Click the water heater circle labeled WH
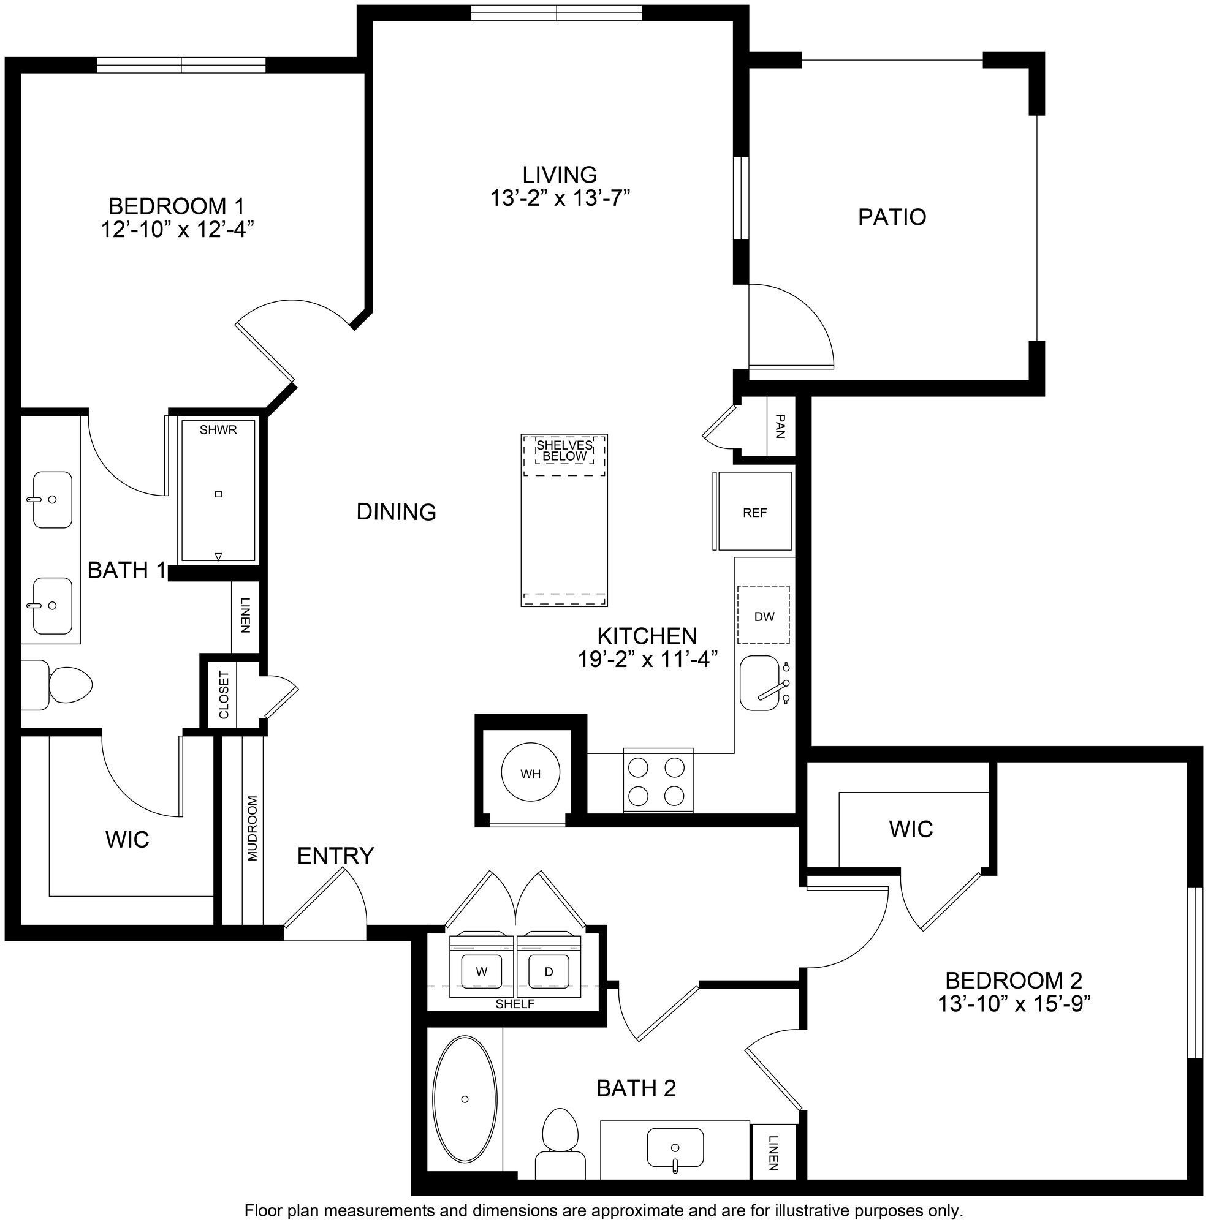point(530,774)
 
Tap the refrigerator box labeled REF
point(754,512)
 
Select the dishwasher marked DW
point(764,616)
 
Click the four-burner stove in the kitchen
point(657,780)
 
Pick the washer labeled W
point(482,971)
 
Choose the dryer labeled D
point(549,971)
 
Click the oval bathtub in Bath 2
point(465,1099)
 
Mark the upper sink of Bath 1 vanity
point(52,499)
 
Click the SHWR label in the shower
point(218,430)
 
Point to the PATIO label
point(891,217)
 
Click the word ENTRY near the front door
point(335,855)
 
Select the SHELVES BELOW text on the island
point(564,450)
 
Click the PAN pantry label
point(780,426)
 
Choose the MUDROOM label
point(253,828)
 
